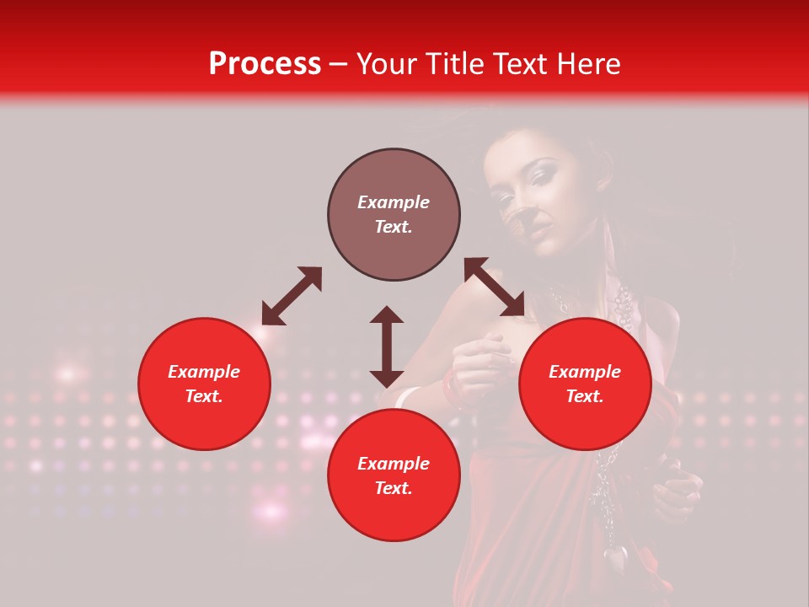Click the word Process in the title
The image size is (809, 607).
tap(265, 64)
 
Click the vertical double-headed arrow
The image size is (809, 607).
tap(387, 346)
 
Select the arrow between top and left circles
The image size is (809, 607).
tap(292, 296)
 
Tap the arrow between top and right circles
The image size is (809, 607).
tap(494, 287)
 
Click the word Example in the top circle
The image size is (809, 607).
tap(394, 202)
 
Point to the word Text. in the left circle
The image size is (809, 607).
tap(204, 396)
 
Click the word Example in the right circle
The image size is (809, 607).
tap(585, 372)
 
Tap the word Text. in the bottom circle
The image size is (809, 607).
tap(394, 488)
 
